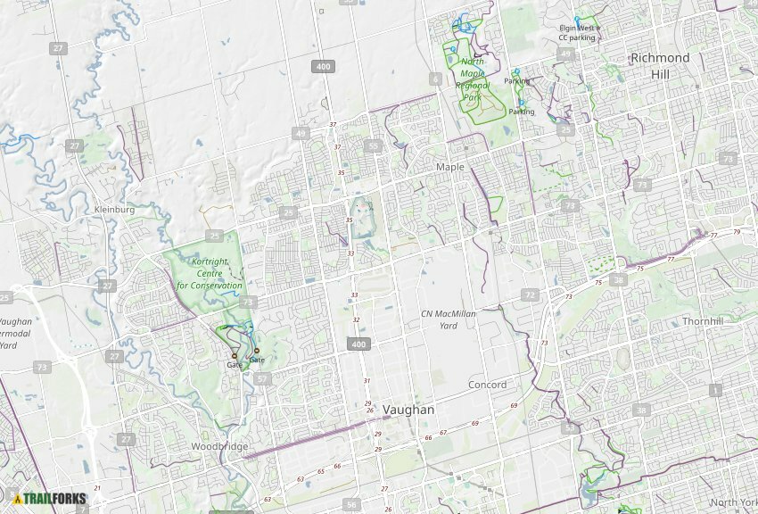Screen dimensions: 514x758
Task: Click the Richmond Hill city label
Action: pos(660,66)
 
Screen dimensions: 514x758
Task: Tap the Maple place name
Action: pos(450,167)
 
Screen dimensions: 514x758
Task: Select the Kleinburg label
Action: pos(114,210)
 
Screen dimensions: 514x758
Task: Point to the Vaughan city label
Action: pos(408,410)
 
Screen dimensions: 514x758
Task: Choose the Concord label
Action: pos(487,385)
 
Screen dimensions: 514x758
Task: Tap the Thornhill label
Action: pos(702,321)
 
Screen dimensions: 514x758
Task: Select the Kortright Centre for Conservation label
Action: pos(209,273)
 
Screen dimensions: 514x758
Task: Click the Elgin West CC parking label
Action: pos(578,33)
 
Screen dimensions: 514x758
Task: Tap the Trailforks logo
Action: pos(50,498)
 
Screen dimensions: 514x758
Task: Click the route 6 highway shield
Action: pos(435,79)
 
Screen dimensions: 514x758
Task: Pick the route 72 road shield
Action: pos(531,295)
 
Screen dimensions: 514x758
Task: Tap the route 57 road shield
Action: pos(261,379)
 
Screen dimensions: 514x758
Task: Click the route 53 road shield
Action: pos(570,429)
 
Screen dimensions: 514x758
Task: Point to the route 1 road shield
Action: pos(714,391)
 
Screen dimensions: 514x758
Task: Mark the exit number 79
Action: pos(737,232)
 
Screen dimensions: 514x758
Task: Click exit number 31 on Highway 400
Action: pos(366,381)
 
